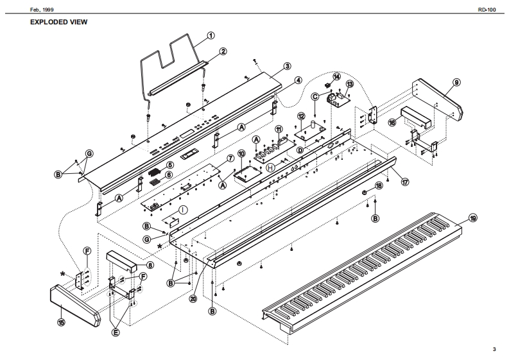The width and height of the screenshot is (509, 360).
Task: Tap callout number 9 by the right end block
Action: (x=456, y=82)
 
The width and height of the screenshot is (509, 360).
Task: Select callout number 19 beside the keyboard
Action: (x=473, y=218)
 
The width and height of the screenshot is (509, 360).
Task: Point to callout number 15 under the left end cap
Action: (x=61, y=322)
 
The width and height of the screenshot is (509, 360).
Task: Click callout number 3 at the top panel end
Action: (x=287, y=65)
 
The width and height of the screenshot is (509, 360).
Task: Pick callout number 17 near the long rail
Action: (x=405, y=182)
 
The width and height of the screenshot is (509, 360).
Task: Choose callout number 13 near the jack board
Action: (x=350, y=84)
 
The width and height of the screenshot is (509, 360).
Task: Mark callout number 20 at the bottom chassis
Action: (x=193, y=298)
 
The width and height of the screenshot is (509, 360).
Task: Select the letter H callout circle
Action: (x=270, y=167)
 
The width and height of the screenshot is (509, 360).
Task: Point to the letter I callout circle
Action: (x=183, y=209)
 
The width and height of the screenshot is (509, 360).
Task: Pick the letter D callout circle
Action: (x=300, y=150)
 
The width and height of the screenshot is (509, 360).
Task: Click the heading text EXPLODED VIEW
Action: (x=58, y=22)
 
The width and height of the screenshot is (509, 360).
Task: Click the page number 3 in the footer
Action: (x=494, y=349)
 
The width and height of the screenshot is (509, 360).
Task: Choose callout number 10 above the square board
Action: (x=241, y=153)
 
